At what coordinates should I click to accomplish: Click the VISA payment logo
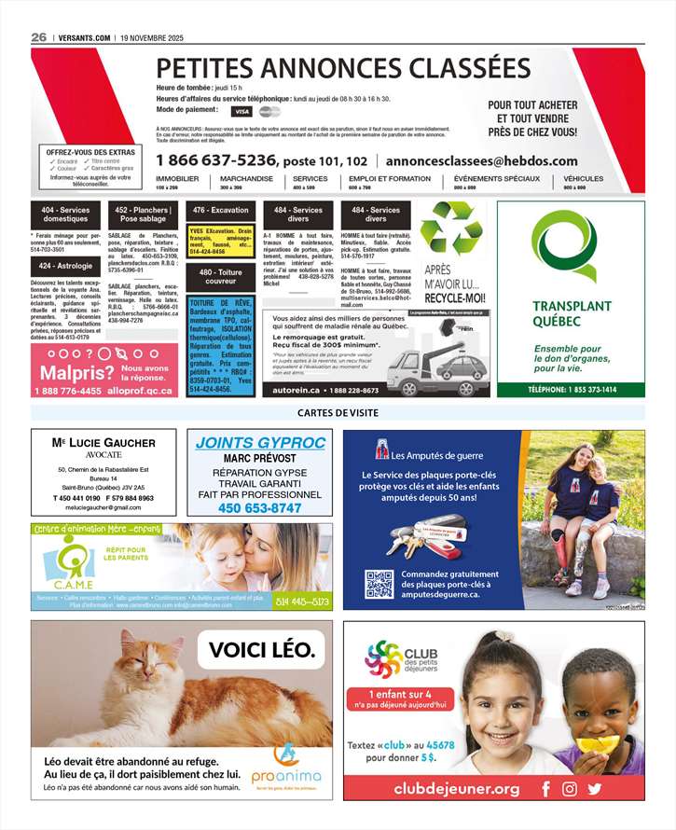click(241, 111)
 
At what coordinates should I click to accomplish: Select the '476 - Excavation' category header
click(221, 211)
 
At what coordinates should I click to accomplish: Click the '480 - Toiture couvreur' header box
click(221, 276)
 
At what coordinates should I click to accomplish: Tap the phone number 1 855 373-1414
click(572, 390)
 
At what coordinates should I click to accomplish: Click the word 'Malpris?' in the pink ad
click(76, 373)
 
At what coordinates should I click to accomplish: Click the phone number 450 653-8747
click(260, 508)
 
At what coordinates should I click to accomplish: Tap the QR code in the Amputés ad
click(379, 584)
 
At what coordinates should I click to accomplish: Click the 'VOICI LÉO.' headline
click(268, 650)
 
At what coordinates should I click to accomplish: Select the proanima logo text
click(286, 776)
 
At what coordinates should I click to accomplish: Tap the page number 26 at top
click(38, 36)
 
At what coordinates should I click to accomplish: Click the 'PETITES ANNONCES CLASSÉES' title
click(343, 68)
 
